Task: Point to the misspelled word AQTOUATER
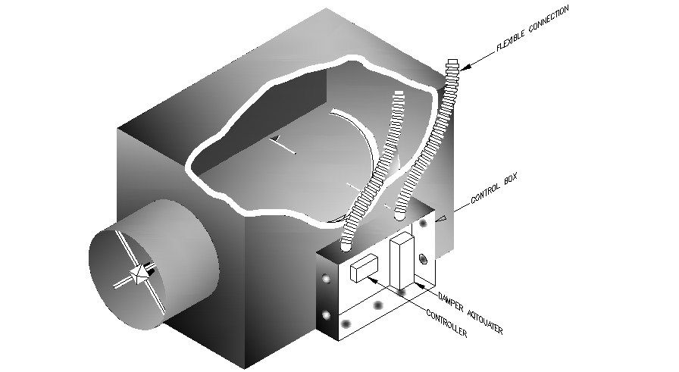point(482,319)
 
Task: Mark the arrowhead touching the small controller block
point(371,277)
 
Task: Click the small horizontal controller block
point(365,267)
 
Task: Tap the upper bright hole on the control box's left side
point(326,280)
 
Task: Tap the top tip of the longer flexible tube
point(453,61)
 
